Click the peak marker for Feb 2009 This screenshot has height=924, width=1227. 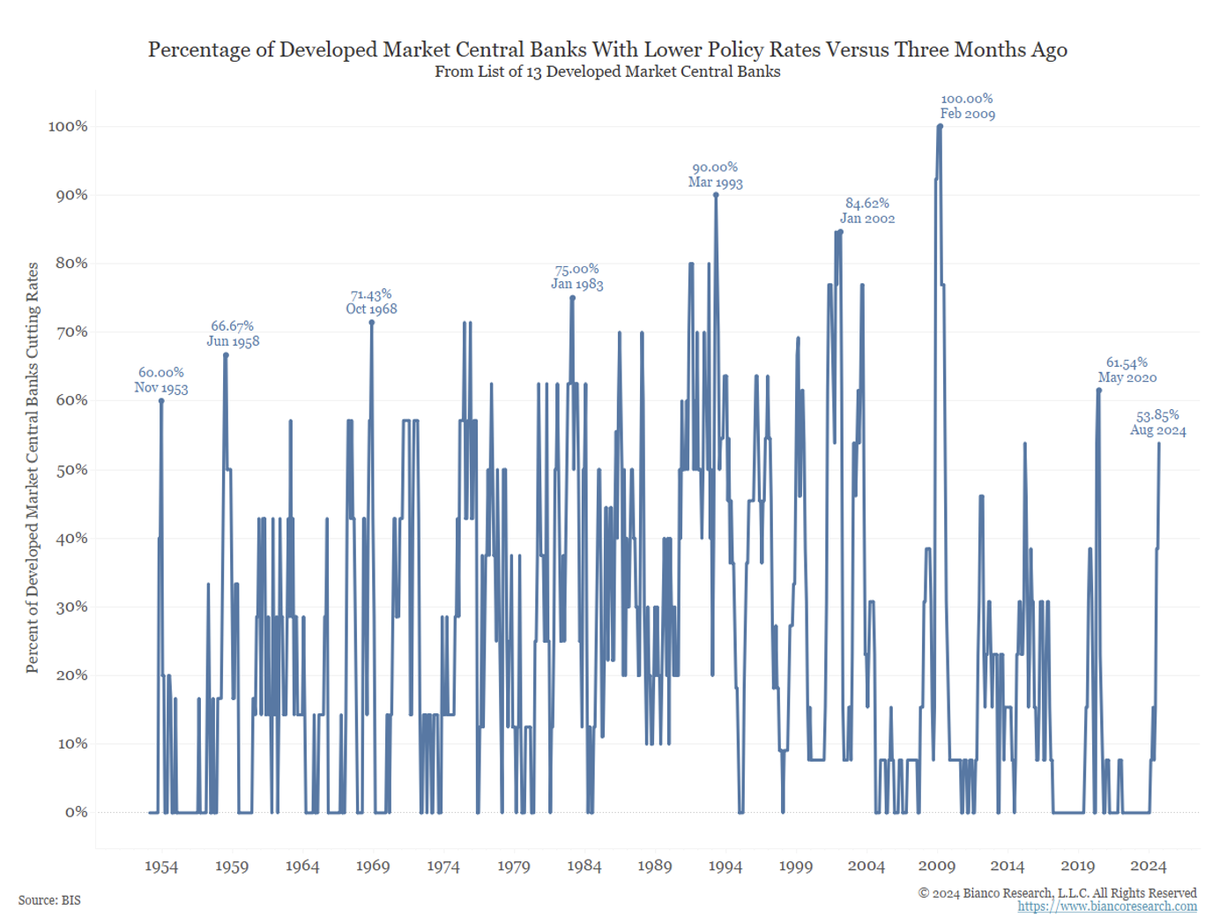940,126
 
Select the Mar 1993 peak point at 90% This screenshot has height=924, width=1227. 716,195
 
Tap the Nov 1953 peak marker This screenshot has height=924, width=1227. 161,401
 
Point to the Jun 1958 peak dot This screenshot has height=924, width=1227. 226,355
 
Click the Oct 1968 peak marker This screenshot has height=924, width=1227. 372,323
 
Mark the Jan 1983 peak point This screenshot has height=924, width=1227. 573,298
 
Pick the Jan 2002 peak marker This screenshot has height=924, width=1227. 841,232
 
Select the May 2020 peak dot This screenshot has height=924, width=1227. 1098,390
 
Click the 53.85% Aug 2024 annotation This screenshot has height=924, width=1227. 1157,423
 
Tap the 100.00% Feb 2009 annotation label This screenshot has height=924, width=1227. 967,107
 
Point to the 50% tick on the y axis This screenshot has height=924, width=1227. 71,469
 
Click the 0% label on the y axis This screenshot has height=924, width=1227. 76,812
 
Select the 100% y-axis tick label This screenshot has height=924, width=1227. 68,126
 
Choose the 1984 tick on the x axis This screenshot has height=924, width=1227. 584,867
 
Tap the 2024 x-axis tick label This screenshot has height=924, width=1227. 1148,867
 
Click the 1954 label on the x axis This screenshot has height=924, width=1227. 161,867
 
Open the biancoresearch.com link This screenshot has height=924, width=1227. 1107,906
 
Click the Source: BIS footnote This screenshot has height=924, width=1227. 49,900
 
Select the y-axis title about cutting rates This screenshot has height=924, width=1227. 33,467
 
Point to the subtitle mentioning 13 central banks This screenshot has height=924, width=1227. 607,72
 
